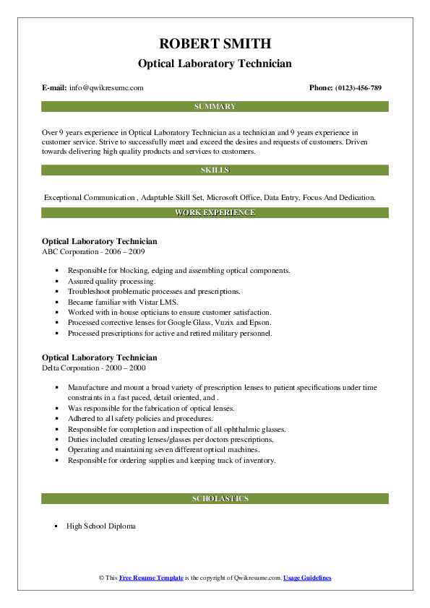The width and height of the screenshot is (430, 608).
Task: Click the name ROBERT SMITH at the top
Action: click(215, 45)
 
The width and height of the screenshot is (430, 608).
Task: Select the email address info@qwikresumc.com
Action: click(106, 87)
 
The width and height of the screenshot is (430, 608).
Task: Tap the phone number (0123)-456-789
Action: click(358, 87)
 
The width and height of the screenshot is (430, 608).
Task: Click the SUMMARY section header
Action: click(215, 106)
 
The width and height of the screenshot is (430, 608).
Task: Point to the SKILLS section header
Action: click(215, 170)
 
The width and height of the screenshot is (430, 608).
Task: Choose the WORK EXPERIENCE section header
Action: click(215, 212)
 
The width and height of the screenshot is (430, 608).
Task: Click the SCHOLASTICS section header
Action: click(215, 498)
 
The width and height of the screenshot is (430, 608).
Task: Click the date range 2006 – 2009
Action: click(127, 251)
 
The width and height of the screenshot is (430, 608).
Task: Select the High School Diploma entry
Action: click(100, 526)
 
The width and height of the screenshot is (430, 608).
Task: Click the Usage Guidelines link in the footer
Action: click(306, 578)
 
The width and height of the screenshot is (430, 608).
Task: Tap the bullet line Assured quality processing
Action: click(111, 281)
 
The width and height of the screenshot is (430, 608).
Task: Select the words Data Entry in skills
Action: click(288, 196)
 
